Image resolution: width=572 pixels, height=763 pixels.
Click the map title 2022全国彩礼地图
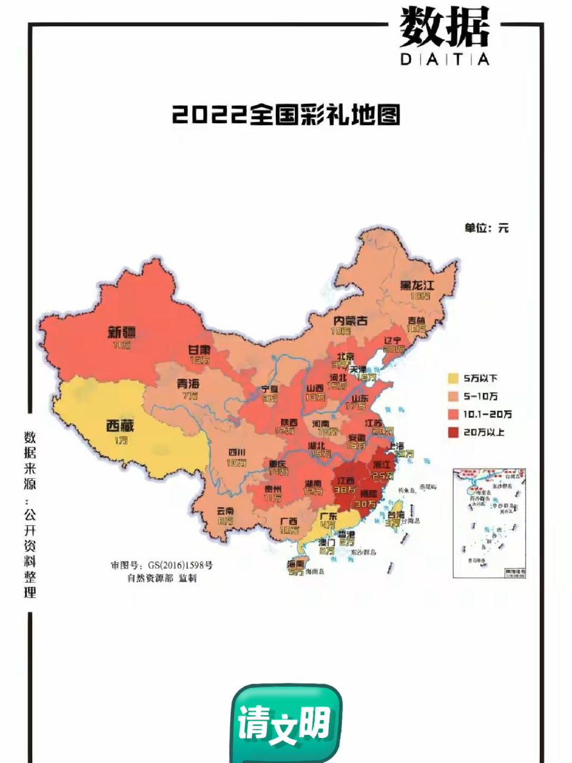tap(286, 114)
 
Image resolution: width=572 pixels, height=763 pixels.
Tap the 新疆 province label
tap(122, 332)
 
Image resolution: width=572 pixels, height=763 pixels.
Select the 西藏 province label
tap(120, 426)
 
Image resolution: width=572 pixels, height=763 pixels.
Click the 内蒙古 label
tap(350, 320)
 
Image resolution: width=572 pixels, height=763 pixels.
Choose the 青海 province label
tap(188, 383)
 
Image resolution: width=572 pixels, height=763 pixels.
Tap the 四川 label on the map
tap(236, 452)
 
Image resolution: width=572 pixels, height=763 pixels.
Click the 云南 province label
tap(225, 511)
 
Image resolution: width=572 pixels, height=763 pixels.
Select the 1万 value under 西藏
tap(121, 440)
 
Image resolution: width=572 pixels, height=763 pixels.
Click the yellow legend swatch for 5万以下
tap(453, 378)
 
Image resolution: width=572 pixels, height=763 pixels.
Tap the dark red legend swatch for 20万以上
tap(453, 432)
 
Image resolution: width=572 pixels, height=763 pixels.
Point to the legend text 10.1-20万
tap(487, 414)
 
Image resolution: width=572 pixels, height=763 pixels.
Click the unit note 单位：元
tap(486, 228)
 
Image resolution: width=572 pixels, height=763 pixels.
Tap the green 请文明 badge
tap(285, 723)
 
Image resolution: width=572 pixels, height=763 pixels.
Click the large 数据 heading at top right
tap(444, 28)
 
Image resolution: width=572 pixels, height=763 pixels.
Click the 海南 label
tap(296, 563)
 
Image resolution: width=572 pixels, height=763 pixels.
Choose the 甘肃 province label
tap(200, 350)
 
